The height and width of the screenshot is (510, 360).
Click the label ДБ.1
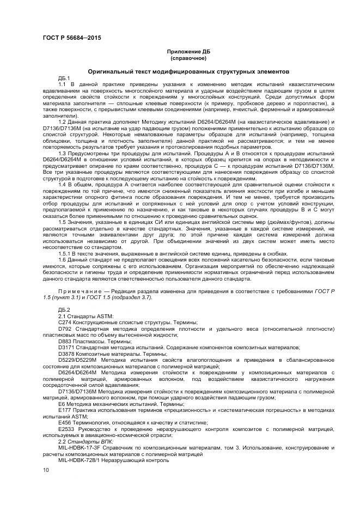pos(64,78)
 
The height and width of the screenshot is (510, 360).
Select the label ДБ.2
pos(64,310)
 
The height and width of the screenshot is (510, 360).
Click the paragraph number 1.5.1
pos(64,253)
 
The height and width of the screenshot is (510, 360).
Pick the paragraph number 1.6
pos(63,259)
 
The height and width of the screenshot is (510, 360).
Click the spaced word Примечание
pos(77,292)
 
